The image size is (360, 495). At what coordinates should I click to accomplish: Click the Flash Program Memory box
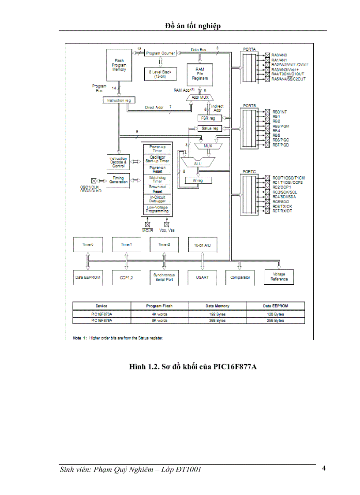119,65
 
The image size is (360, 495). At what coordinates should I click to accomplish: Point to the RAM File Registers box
199,73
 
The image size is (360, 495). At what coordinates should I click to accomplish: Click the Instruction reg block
119,100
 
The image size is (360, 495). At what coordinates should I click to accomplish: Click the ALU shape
198,163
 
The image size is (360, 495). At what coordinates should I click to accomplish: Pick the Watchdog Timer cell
157,179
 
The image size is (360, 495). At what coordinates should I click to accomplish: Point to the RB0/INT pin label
279,112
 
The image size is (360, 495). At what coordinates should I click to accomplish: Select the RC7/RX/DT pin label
282,211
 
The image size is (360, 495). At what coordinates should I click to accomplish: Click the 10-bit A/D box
202,244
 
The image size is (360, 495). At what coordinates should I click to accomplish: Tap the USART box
202,277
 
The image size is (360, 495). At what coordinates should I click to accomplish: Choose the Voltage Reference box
279,277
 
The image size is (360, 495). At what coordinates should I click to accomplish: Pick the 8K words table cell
159,320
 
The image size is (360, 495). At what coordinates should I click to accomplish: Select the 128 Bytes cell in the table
276,314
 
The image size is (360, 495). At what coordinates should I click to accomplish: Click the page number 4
324,468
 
